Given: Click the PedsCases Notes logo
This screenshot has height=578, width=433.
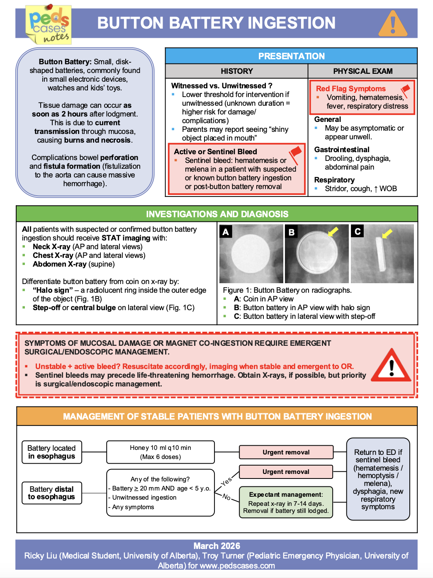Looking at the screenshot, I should (49, 24).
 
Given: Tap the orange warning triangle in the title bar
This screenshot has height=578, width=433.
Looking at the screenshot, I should (392, 24).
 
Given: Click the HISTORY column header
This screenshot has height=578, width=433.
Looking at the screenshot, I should (236, 71).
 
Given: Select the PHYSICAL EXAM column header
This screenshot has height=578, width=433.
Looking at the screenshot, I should (362, 71).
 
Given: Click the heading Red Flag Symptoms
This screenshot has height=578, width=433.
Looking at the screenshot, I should (350, 89).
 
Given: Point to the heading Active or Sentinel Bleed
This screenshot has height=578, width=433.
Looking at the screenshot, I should (215, 152).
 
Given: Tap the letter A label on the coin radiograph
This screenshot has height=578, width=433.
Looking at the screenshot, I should (226, 232).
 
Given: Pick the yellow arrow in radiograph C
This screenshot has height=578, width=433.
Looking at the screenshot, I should (387, 234).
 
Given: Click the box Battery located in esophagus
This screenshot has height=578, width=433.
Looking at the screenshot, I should (52, 452).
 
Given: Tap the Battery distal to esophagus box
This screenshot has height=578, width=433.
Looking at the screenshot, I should (52, 493).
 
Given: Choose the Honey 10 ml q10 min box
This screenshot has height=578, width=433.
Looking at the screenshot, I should (161, 452).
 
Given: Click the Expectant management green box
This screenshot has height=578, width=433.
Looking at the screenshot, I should (286, 503).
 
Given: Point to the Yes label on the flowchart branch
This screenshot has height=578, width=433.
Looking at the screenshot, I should (226, 481).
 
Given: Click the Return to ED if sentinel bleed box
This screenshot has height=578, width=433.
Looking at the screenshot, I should (378, 479).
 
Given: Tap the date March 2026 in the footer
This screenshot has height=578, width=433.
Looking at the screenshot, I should (216, 546).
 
